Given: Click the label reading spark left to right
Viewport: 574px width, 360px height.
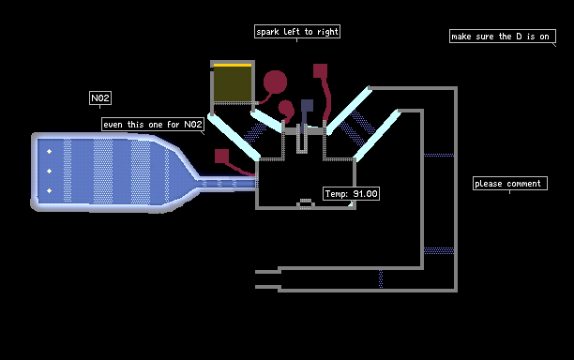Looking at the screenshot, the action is pyautogui.click(x=297, y=32).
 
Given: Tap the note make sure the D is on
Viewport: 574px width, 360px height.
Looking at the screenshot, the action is pyautogui.click(x=503, y=37).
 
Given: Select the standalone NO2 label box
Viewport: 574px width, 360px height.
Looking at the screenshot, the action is pyautogui.click(x=100, y=97).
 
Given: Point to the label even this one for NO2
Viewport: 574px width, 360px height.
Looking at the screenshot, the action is pyautogui.click(x=153, y=125).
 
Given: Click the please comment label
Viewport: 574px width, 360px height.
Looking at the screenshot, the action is pyautogui.click(x=510, y=184).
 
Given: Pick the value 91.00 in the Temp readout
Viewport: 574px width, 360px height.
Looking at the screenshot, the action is pyautogui.click(x=365, y=193).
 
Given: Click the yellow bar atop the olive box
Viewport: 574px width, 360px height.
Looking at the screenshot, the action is pyautogui.click(x=233, y=65).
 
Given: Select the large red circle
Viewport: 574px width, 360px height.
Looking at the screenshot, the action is pyautogui.click(x=275, y=82).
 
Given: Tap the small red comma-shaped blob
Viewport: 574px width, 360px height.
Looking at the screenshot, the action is pyautogui.click(x=286, y=109).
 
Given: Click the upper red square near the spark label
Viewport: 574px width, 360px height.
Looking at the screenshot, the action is pyautogui.click(x=320, y=71).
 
